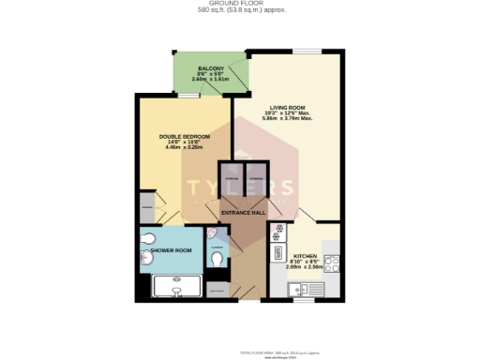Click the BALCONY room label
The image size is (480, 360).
[209, 70]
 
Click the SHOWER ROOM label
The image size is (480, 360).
[172, 250]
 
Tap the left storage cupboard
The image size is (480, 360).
[232, 183]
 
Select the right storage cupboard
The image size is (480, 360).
[256, 183]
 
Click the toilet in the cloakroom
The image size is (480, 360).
[217, 260]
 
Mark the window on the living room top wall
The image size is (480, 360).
[306, 50]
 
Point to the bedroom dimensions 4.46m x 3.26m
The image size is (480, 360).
[184, 148]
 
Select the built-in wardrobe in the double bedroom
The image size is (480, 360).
[147, 205]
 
